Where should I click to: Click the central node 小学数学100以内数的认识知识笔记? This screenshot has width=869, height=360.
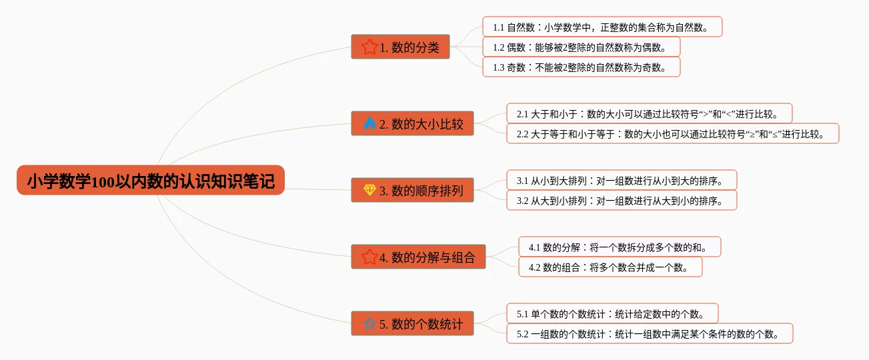point(151,181)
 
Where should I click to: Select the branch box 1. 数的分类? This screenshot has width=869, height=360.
point(400,47)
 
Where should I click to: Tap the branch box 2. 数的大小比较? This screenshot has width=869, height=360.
point(412,123)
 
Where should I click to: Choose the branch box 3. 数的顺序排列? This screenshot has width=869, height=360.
point(412,191)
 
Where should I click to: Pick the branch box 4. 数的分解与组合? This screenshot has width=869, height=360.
point(418,257)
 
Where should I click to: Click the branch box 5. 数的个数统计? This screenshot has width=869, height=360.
point(412,324)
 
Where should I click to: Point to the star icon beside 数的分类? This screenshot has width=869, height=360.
point(369,47)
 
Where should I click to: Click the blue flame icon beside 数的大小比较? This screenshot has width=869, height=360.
point(369,123)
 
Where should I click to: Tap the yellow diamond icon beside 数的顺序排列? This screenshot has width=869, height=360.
point(369,191)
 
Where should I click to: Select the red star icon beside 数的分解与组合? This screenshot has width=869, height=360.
point(369,257)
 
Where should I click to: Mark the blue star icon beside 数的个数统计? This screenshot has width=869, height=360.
point(369,324)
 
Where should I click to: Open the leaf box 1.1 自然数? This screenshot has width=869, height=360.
point(602,27)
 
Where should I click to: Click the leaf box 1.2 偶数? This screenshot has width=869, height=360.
point(581,47)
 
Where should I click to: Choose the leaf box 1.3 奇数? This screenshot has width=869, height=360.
point(581,67)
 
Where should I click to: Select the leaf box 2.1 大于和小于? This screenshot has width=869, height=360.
point(649,113)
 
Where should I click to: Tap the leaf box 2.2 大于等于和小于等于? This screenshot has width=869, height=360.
point(672,134)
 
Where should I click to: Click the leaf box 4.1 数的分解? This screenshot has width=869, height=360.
point(620,247)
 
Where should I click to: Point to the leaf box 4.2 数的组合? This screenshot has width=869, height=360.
point(610,267)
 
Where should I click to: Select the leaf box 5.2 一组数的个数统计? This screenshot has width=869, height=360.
point(650,333)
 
